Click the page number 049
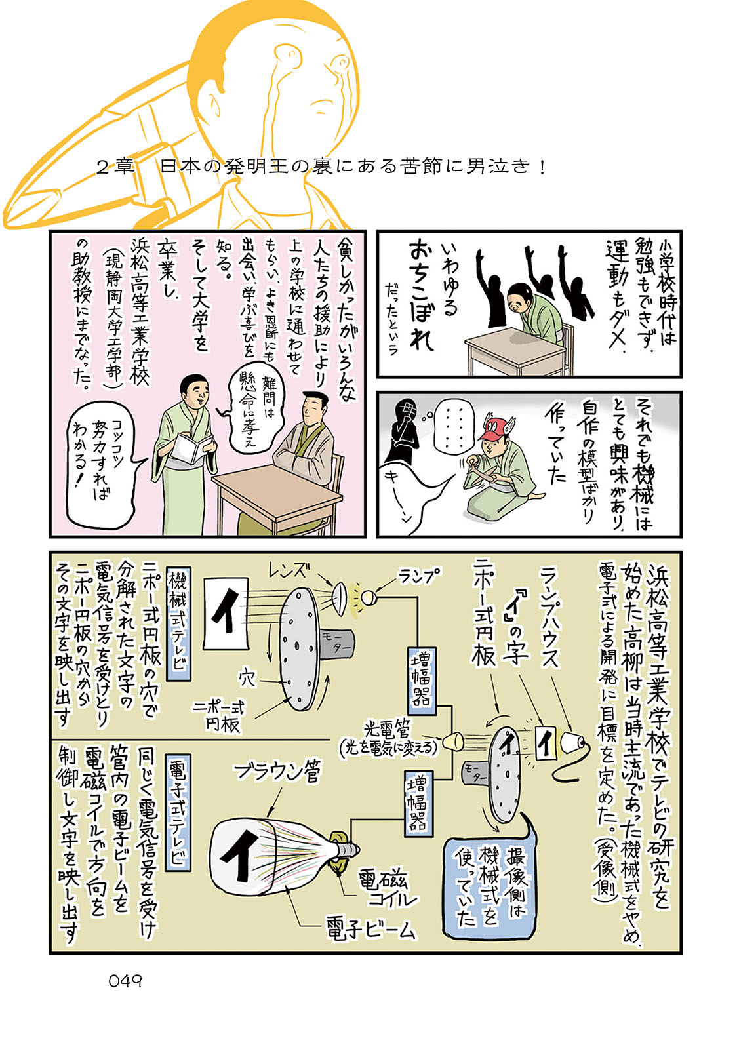(x=125, y=981)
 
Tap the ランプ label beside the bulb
(x=419, y=576)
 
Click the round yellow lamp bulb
(x=368, y=597)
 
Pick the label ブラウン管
(x=278, y=772)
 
